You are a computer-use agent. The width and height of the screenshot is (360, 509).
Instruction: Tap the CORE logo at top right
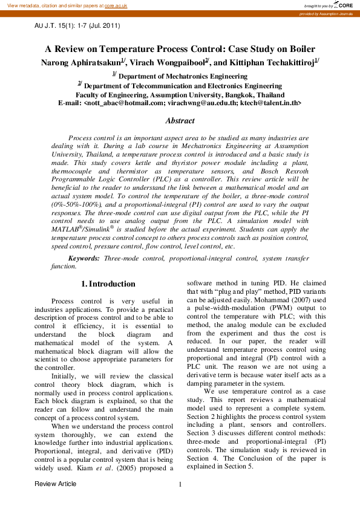click(342, 5)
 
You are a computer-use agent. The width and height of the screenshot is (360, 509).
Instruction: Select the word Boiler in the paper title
click(301, 49)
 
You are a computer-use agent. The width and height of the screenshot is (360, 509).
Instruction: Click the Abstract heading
click(180, 121)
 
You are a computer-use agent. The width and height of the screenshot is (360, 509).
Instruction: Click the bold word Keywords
click(84, 258)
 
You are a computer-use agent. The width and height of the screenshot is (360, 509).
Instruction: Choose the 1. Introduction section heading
click(108, 284)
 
